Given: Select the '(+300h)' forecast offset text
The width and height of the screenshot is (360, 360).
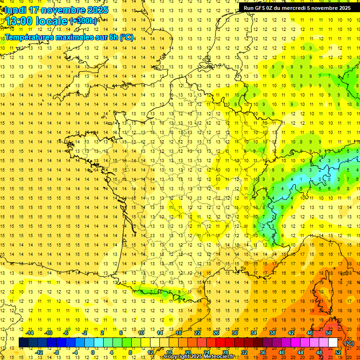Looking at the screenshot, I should (x=83, y=21).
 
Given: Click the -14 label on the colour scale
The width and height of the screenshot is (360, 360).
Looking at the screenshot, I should (x=30, y=333).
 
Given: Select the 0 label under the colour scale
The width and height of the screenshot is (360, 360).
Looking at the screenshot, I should (x=93, y=352).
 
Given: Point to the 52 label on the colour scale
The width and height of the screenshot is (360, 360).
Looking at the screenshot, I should (x=337, y=352).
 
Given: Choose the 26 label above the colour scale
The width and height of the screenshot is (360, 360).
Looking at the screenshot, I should (x=216, y=333).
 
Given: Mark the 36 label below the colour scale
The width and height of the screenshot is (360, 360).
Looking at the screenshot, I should (x=262, y=352).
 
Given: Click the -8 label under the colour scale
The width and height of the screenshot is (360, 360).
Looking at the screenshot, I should (x=57, y=352).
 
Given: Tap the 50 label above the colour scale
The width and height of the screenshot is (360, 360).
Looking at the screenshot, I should (x=328, y=333).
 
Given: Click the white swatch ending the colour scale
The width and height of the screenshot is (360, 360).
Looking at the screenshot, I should (x=333, y=343).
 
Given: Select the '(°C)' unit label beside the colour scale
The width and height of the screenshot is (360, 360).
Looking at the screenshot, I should (x=349, y=343).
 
